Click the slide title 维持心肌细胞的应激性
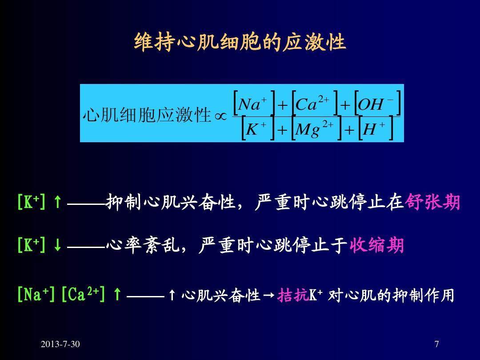click(x=240, y=42)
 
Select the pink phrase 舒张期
click(x=432, y=202)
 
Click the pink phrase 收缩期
click(x=376, y=245)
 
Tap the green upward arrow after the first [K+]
click(x=57, y=202)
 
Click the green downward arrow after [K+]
click(x=57, y=245)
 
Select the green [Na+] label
click(x=36, y=295)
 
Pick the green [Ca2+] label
click(x=83, y=295)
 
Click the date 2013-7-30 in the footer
click(x=60, y=344)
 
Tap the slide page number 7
click(x=437, y=344)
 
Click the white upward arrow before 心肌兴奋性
click(x=172, y=296)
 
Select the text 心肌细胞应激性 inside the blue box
click(x=147, y=115)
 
